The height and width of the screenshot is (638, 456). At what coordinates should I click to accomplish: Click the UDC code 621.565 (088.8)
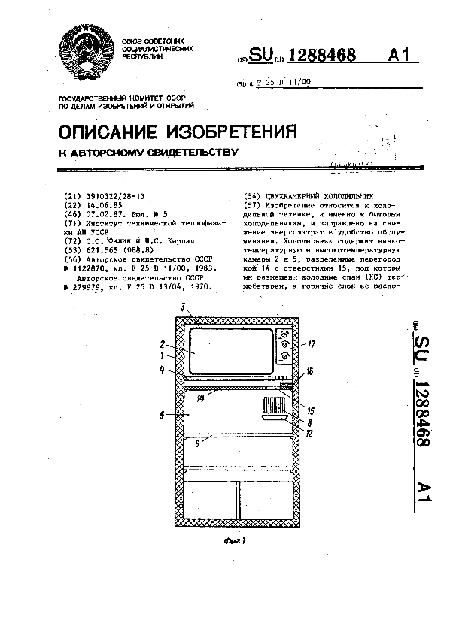[x=112, y=249]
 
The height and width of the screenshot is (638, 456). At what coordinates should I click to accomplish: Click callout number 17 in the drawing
[x=312, y=345]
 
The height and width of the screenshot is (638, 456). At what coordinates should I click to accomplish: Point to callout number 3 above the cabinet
[x=182, y=307]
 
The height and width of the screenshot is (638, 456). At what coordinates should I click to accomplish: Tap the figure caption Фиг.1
[x=239, y=539]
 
